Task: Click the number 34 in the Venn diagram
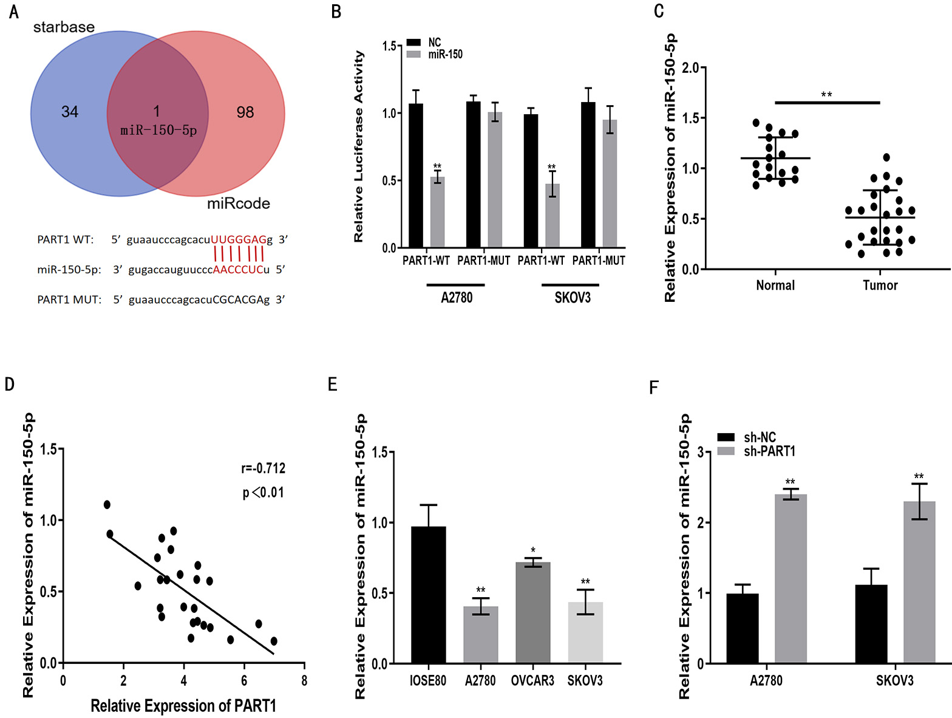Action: pos(70,112)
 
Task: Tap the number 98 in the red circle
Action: pos(245,112)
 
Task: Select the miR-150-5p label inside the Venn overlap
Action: pos(158,130)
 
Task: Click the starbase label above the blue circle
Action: pos(64,27)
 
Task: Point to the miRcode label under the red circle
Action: pos(239,203)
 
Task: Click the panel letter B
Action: pos(336,12)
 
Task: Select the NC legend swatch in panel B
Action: pos(413,42)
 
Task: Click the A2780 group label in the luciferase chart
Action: pos(457,298)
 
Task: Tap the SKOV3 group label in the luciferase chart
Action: pos(572,298)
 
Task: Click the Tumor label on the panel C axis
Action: pos(880,285)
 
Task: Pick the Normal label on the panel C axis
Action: pos(775,285)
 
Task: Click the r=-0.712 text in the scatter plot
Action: pos(263,468)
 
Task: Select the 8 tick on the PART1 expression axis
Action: pos(304,681)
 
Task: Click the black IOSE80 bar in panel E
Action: pos(428,595)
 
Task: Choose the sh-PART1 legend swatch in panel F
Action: pos(726,451)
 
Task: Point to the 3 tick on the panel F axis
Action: pos(701,452)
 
